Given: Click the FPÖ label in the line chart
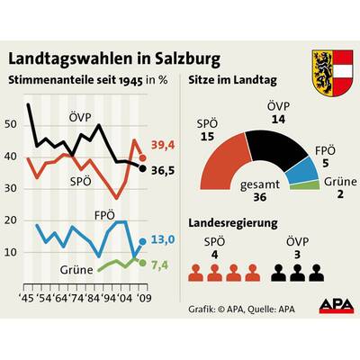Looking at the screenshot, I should pos(106,215).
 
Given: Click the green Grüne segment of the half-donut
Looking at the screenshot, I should pos(310,185).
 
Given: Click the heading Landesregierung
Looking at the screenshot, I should pos(238,221).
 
